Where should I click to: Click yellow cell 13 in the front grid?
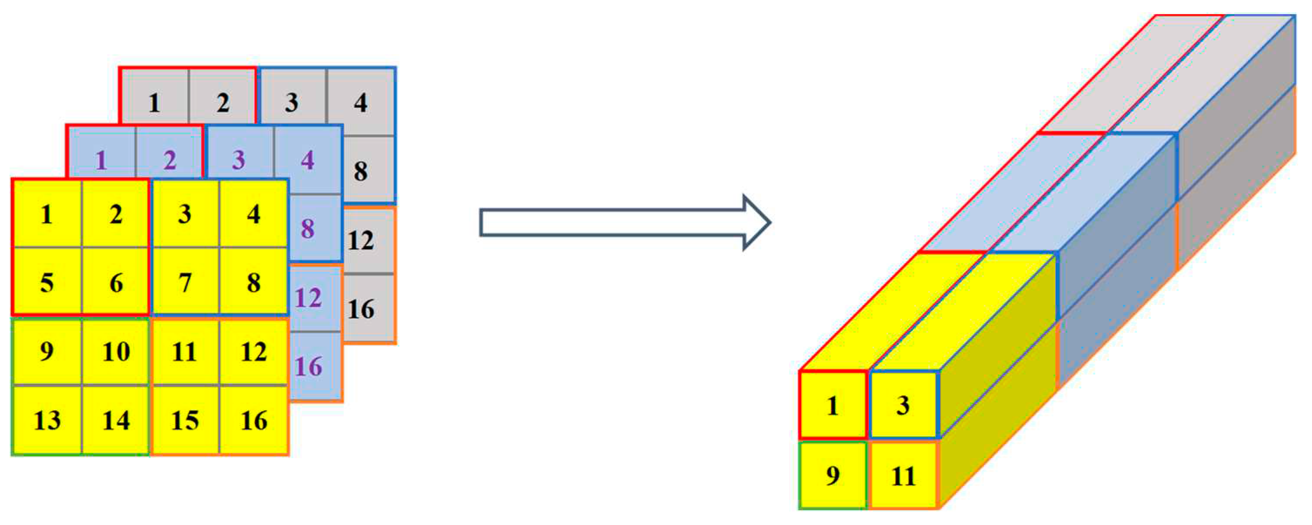[47, 420]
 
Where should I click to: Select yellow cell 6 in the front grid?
[116, 282]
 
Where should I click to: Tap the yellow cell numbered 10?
[116, 352]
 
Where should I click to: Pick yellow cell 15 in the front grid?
[185, 420]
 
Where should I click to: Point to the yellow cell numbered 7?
[185, 282]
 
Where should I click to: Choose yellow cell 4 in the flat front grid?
[253, 214]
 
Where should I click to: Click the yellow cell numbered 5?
[47, 282]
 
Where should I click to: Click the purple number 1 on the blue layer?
[101, 161]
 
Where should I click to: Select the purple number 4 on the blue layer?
[307, 161]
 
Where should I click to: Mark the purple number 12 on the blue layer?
[308, 298]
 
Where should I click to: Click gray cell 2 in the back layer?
[223, 104]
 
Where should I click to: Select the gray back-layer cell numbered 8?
[360, 171]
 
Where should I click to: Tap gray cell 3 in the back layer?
[291, 103]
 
